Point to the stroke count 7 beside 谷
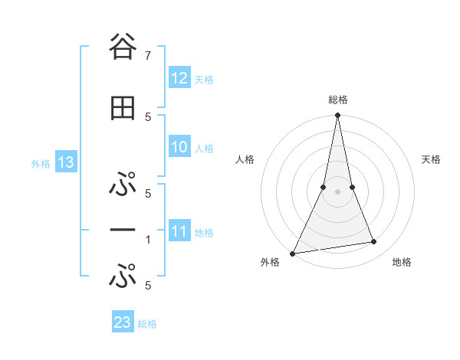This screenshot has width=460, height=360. pyautogui.click(x=147, y=56)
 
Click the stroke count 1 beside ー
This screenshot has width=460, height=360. pyautogui.click(x=147, y=240)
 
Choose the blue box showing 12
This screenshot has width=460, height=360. pyautogui.click(x=179, y=77)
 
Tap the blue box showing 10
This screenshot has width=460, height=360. pyautogui.click(x=179, y=147)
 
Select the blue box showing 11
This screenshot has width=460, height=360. pyautogui.click(x=179, y=231)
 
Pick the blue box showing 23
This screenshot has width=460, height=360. pyautogui.click(x=123, y=322)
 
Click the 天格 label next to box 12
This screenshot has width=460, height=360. pyautogui.click(x=204, y=79)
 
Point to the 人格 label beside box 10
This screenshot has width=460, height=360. pyautogui.click(x=204, y=149)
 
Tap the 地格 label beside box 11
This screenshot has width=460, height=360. pyautogui.click(x=204, y=233)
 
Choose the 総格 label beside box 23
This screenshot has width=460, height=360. pyautogui.click(x=147, y=324)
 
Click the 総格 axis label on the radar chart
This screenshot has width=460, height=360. pyautogui.click(x=337, y=100)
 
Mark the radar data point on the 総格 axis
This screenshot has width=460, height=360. pyautogui.click(x=337, y=116)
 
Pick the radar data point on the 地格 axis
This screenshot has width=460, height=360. pyautogui.click(x=374, y=242)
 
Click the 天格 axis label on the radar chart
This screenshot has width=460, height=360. pyautogui.click(x=432, y=159)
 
